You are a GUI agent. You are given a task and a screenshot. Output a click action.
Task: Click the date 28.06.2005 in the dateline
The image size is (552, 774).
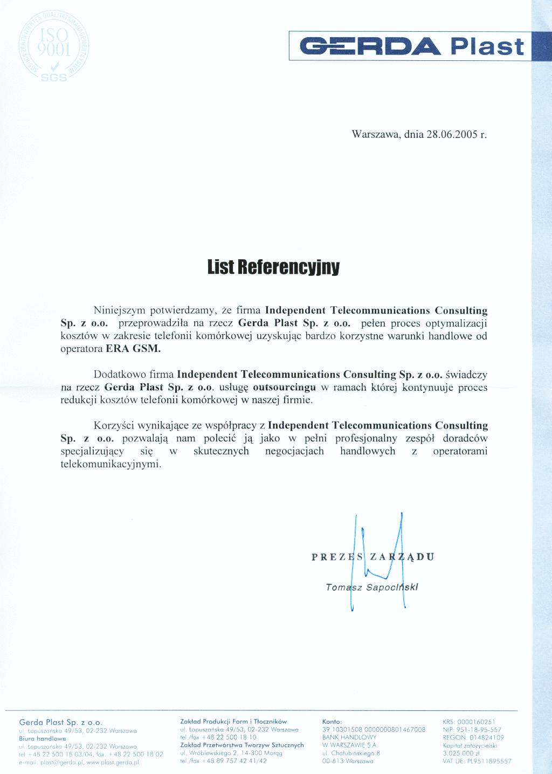tap(452, 134)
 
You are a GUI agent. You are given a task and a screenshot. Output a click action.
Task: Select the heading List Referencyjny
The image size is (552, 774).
tap(273, 267)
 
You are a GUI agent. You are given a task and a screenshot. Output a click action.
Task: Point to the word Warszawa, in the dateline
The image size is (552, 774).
tap(376, 134)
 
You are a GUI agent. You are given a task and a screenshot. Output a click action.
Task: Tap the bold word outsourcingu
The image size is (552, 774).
tap(284, 388)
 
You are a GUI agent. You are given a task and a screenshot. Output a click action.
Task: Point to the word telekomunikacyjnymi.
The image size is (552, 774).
tap(111, 464)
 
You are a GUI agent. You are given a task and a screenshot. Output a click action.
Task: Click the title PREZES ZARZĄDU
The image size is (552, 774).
tap(372, 557)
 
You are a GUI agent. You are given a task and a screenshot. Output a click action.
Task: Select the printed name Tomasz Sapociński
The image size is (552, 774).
tap(372, 587)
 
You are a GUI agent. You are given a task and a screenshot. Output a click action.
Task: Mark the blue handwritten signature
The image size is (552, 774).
tap(379, 561)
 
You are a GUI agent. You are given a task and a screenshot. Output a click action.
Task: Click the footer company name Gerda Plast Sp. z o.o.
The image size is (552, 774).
tap(60, 722)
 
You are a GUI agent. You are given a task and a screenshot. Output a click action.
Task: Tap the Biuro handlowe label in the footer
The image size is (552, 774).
tap(43, 738)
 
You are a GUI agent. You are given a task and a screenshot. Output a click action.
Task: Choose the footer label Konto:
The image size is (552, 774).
tap(332, 722)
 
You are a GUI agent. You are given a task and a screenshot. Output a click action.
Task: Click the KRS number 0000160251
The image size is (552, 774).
tap(475, 722)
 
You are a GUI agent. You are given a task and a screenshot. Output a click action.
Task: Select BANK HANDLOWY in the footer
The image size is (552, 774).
tap(349, 737)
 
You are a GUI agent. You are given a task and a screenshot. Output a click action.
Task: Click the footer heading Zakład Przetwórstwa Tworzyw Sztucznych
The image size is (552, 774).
tap(242, 745)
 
